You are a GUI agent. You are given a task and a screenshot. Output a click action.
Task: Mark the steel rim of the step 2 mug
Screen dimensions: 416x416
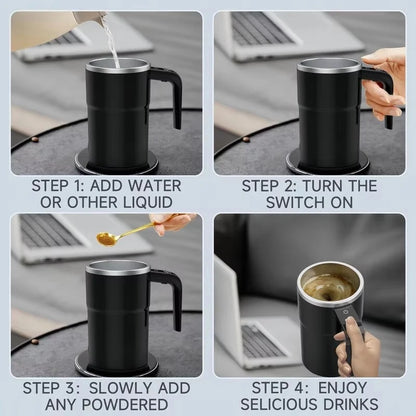(329, 64)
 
